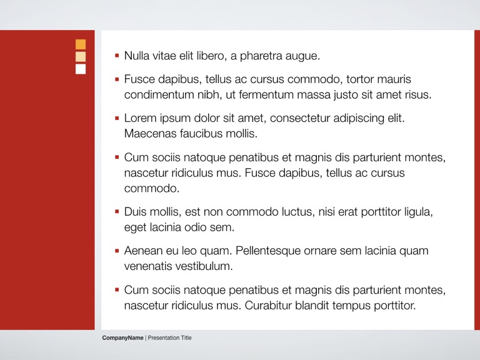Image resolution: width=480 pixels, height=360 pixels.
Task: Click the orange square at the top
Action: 81,44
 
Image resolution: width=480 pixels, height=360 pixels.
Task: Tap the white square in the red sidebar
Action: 81,69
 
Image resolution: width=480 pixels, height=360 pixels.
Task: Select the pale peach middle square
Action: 81,57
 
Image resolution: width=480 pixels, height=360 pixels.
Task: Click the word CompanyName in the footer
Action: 123,338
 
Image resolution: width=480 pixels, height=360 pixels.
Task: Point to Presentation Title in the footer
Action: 169,338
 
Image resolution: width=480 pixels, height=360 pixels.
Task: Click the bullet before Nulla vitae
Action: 117,56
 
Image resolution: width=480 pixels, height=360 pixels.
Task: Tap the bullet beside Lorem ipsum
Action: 117,117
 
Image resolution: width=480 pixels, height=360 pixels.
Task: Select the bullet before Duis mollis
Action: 117,212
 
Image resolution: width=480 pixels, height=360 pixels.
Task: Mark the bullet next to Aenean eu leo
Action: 117,251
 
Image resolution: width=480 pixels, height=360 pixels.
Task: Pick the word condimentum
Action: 159,95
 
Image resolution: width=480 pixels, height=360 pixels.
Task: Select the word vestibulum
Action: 202,267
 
